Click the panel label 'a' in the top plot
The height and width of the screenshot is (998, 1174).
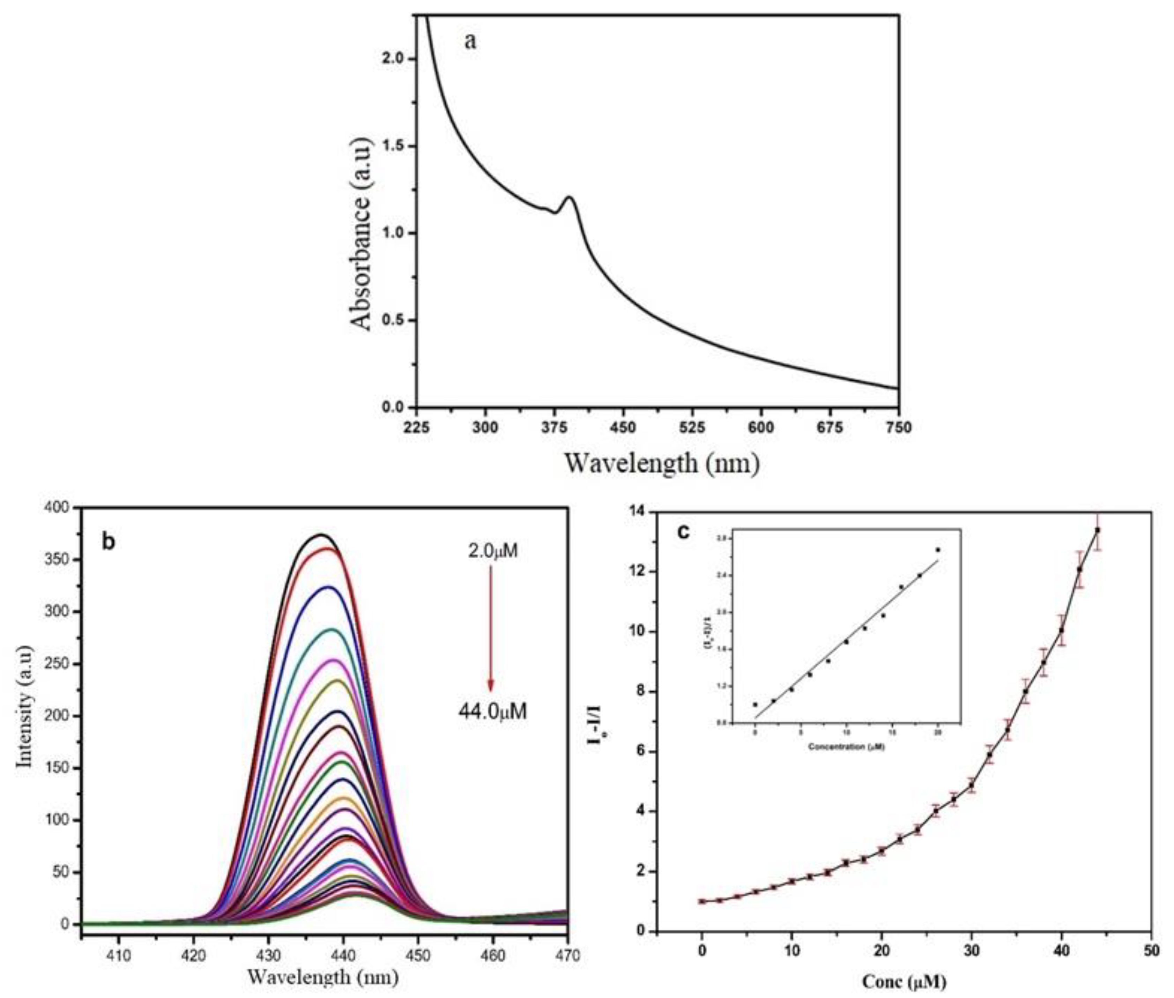pos(470,41)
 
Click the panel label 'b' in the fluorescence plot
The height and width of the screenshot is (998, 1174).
pos(108,542)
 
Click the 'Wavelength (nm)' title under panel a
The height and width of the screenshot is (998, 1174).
pos(662,464)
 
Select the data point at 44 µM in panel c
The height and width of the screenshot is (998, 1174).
pos(1097,530)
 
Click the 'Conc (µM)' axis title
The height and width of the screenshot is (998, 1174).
pos(904,982)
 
